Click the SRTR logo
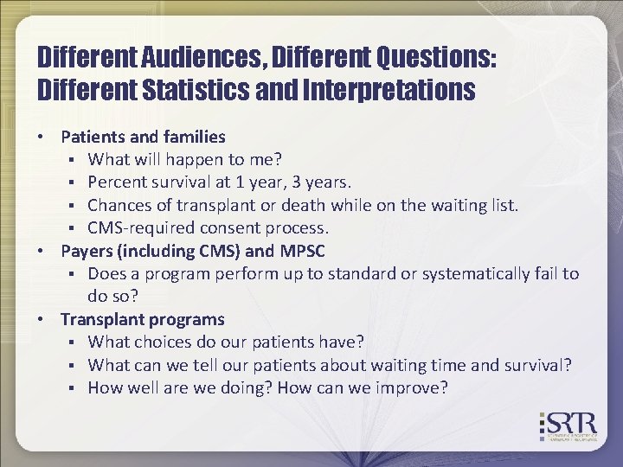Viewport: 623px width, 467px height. click(x=569, y=426)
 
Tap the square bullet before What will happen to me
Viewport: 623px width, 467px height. click(x=76, y=160)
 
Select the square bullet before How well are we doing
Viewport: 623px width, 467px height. click(x=76, y=388)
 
